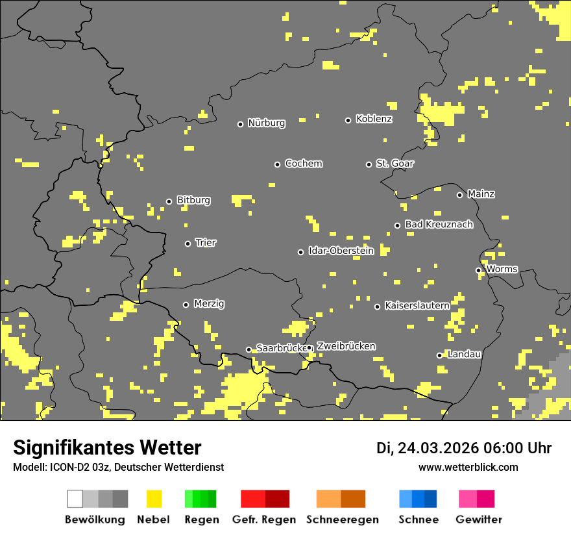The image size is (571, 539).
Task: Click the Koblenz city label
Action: [374, 119]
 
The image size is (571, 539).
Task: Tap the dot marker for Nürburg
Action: [240, 124]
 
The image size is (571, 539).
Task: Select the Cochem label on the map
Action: [304, 164]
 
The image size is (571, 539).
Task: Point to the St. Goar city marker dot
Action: [369, 164]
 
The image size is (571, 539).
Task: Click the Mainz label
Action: [481, 194]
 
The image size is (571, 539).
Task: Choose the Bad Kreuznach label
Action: [439, 225]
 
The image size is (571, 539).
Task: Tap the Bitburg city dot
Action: [169, 201]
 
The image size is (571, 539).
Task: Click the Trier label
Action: [206, 243]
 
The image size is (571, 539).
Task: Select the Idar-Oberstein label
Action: [341, 251]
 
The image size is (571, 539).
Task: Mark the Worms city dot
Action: [478, 270]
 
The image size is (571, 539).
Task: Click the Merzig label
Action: [209, 304]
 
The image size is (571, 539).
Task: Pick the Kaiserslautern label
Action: [417, 305]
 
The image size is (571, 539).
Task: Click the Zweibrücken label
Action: [346, 346]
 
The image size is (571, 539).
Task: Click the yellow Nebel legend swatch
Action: [154, 499]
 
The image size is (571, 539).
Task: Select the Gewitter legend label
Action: [478, 520]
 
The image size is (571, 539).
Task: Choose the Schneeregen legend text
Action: [343, 520]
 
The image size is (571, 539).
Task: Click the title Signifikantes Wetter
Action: [107, 447]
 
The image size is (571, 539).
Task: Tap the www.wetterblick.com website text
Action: [468, 467]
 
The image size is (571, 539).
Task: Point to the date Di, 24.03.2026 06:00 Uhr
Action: [464, 448]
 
